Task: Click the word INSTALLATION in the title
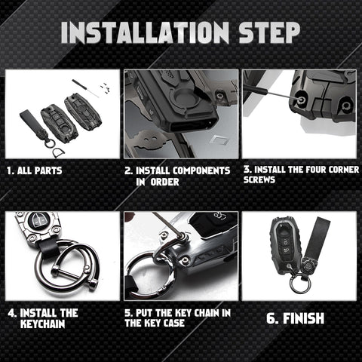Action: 145,32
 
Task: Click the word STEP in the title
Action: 269,32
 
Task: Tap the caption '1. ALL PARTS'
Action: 35,170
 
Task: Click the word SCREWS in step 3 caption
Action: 259,179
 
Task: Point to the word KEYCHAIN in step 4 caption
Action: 42,324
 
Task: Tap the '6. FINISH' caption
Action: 295,318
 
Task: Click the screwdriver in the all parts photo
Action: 85,88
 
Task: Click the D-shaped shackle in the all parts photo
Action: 58,152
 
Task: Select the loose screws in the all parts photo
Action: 104,86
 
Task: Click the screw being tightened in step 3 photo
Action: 300,99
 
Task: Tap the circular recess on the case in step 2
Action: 183,97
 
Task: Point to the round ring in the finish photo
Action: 301,284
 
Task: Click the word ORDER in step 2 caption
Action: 164,182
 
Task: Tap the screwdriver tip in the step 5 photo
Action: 182,236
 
